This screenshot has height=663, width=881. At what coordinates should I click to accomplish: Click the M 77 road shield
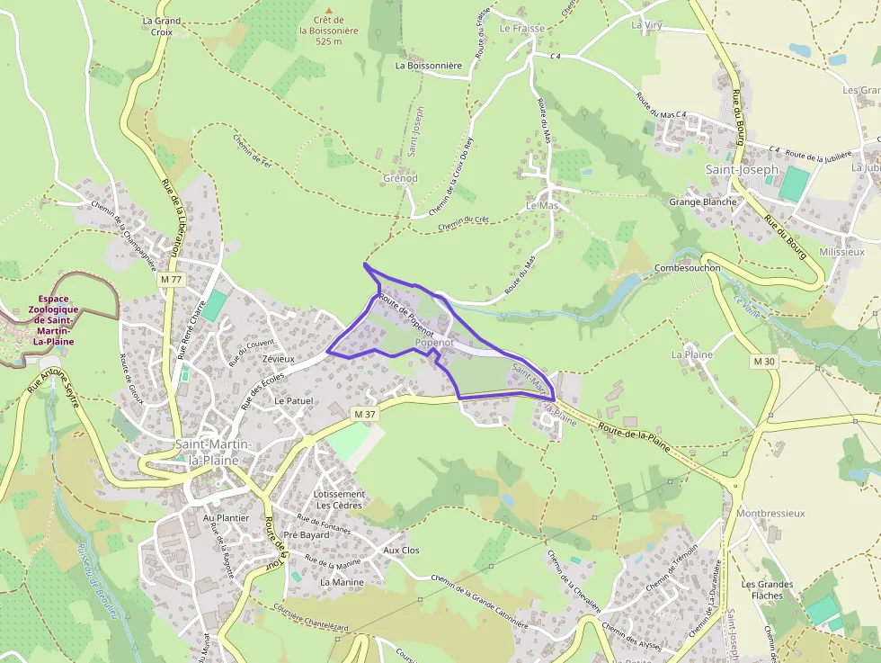[171, 280]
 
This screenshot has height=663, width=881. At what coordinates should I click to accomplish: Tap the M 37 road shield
[364, 413]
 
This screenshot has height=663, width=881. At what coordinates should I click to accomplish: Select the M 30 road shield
[763, 361]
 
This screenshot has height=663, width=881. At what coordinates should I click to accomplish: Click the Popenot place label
[433, 343]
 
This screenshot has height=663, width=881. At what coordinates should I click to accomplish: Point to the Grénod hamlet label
[400, 178]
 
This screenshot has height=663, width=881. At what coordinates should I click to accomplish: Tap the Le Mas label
[542, 205]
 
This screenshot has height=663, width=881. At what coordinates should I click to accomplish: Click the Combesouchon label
[688, 268]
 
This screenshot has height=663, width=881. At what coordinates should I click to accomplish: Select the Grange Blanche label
[702, 202]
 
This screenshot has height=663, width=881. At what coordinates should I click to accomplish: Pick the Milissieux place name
[841, 253]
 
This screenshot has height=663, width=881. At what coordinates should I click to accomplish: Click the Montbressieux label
[770, 513]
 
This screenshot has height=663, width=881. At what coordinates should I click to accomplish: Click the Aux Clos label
[401, 550]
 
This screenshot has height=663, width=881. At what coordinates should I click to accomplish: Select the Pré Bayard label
[307, 534]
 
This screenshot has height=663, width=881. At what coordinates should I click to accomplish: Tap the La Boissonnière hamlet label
[428, 66]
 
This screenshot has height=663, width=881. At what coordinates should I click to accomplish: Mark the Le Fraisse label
[522, 28]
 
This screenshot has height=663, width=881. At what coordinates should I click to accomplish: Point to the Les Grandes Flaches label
[767, 589]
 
